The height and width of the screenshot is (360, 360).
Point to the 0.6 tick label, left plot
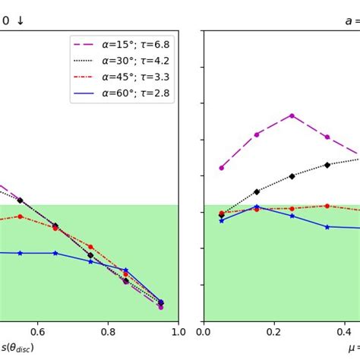(37, 332)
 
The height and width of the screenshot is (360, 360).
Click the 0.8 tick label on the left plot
(108, 332)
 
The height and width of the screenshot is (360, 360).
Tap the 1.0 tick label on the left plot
(178, 332)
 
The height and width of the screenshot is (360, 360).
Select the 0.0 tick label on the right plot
(204, 332)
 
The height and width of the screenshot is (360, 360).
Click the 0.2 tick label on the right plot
(274, 332)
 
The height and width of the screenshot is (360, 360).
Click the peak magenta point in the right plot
(292, 115)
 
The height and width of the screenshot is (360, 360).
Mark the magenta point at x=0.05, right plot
(221, 168)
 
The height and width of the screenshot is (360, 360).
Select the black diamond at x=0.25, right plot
(292, 176)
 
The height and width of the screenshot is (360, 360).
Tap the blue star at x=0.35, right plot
(327, 226)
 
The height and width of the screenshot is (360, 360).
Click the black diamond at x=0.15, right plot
(257, 191)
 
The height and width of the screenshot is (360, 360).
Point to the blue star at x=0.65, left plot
(55, 253)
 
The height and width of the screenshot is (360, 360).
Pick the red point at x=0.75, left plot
(90, 247)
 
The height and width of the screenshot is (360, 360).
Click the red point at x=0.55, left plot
(20, 216)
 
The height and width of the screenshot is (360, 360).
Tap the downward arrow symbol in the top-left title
(20, 21)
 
